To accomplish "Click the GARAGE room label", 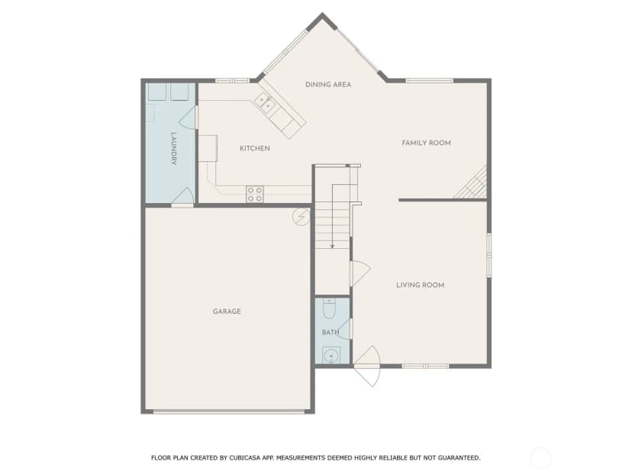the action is coord(227,311).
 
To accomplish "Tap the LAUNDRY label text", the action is coord(174,148).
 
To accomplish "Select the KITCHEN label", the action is coord(255,148).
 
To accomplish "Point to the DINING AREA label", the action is coord(328,84).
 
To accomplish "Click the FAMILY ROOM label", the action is coord(426,143).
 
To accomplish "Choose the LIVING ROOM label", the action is coord(420,285).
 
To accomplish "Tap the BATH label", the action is coord(331,333).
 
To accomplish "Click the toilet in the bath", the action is coord(330,308).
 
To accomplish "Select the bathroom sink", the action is coord(331,356).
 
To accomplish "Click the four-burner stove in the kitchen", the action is coord(255,194).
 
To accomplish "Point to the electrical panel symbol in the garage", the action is coord(301,217).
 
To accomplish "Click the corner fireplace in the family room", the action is coord(472,185).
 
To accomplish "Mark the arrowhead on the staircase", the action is coord(332,246).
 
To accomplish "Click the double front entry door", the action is coord(367,366).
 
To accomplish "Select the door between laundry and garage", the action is coord(183,197).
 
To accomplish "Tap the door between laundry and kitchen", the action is coord(189,118).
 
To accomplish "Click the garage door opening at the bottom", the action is coord(228,411).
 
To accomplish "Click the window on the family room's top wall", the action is coord(429,81).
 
